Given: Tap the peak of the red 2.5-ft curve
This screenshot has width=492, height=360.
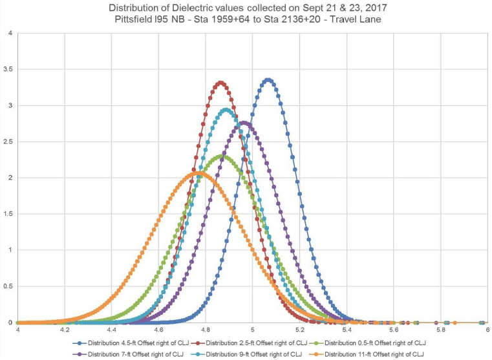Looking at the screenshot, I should click(x=221, y=83).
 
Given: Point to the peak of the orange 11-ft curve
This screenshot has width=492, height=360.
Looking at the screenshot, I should click(x=198, y=173).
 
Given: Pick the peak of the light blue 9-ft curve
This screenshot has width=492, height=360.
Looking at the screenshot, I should click(x=226, y=111).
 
